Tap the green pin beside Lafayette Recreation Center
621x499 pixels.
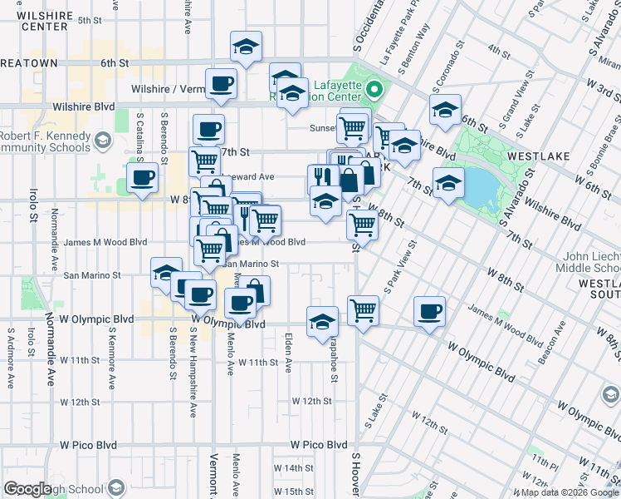coord(374,87)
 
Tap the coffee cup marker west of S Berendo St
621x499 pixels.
coord(143,177)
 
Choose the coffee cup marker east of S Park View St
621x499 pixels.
coord(429,311)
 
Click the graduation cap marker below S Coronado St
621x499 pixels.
coord(445,109)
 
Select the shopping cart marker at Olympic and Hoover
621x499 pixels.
coord(363,310)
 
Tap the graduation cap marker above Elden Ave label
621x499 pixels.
coord(322,321)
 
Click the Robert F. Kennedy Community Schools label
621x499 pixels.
coord(46,142)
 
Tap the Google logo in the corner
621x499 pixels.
coord(27,489)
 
